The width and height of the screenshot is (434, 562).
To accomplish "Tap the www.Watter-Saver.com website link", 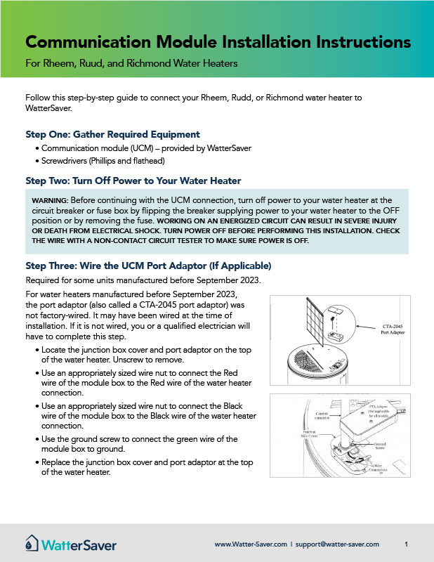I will pyautogui.click(x=251, y=544).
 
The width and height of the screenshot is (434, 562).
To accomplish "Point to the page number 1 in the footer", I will pyautogui.click(x=407, y=544).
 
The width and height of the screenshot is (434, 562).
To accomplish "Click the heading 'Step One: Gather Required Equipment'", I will pyautogui.click(x=112, y=134).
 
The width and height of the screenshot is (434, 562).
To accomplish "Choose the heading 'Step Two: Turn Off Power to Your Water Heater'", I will pyautogui.click(x=133, y=181).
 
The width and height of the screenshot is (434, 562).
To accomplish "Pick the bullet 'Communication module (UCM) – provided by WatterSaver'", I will pyautogui.click(x=145, y=148).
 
